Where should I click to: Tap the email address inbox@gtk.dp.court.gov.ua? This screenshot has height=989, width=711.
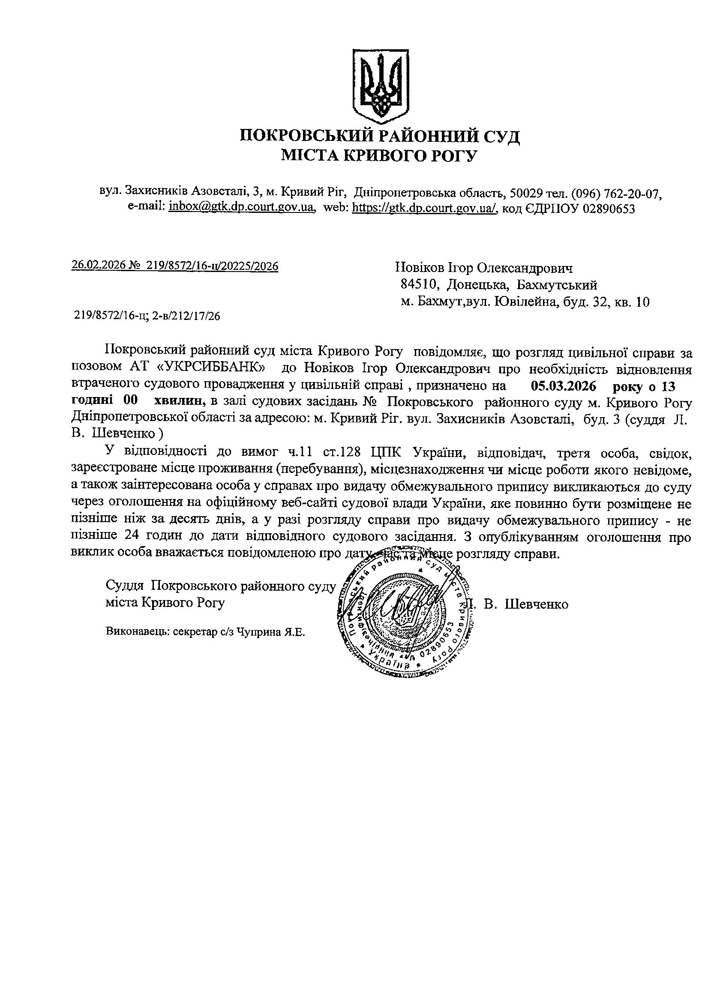click(241, 207)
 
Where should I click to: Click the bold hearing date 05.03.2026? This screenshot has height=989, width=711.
click(564, 385)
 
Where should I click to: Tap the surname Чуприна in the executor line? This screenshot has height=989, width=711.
click(255, 631)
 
